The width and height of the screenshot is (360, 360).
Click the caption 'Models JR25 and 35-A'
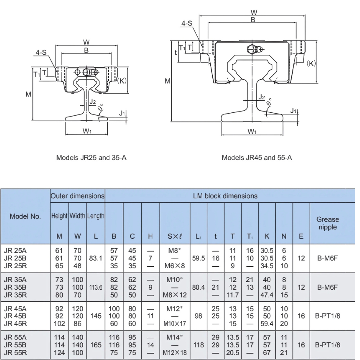click(x=91, y=158)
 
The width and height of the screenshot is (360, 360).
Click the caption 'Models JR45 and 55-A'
click(x=257, y=158)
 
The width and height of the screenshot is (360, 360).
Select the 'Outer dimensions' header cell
click(x=78, y=196)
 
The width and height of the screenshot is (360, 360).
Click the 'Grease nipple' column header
click(x=328, y=223)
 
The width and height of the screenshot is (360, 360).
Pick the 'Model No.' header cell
click(x=25, y=216)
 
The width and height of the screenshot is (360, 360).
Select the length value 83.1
click(x=96, y=258)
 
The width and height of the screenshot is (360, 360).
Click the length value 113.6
click(x=96, y=287)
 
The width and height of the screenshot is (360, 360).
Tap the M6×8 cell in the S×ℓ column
click(x=175, y=266)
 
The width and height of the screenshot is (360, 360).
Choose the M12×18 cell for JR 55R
click(x=175, y=352)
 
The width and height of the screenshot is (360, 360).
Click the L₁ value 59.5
click(x=199, y=258)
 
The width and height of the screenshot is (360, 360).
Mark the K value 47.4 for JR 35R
click(x=267, y=295)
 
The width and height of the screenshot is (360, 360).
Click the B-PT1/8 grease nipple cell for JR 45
click(x=328, y=316)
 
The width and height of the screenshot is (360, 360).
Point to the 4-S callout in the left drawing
click(x=41, y=53)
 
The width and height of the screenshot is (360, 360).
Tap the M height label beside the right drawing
click(x=167, y=81)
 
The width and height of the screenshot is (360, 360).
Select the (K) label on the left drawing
click(x=122, y=81)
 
